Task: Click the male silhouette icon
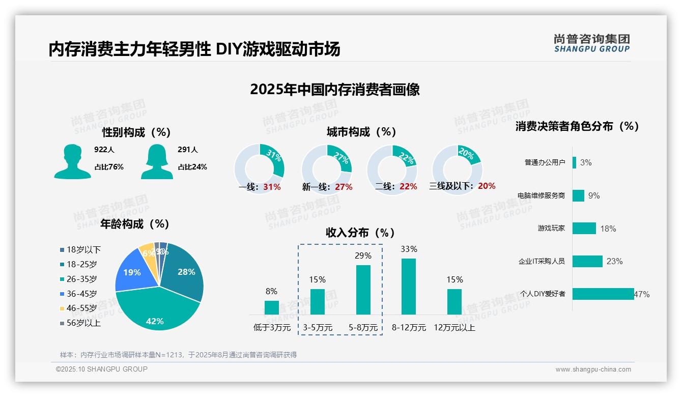72,162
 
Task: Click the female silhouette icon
157,162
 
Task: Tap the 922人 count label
104,150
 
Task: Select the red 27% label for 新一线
344,187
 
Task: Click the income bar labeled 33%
409,286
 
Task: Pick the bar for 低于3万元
272,307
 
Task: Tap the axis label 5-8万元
363,328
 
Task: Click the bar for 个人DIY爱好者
603,294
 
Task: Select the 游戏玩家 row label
551,228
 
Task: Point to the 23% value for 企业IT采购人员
614,261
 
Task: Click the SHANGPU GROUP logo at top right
591,43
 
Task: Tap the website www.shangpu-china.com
593,370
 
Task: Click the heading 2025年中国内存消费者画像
335,90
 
